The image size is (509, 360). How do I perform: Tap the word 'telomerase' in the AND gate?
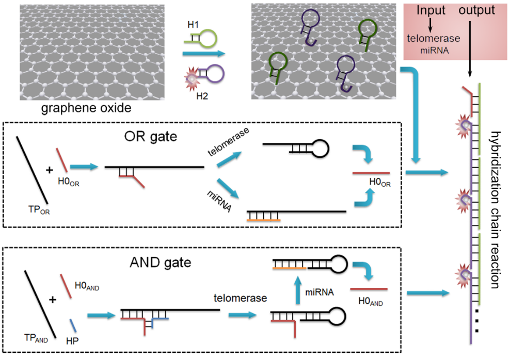pyautogui.click(x=241, y=298)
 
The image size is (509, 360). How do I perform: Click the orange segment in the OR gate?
pyautogui.click(x=264, y=220)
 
